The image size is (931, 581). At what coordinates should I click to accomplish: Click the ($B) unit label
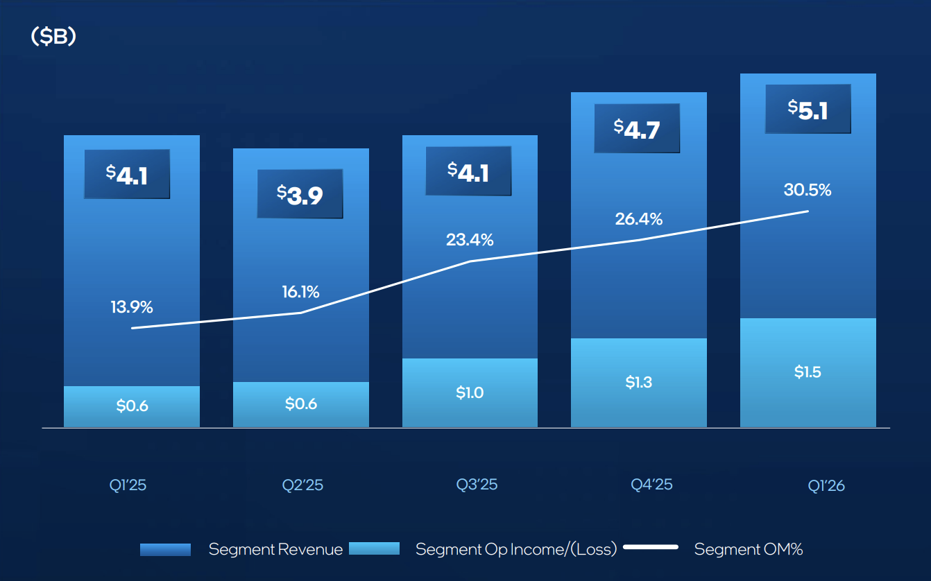pyautogui.click(x=53, y=37)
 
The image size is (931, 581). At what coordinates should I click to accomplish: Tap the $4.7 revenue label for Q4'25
pyautogui.click(x=637, y=128)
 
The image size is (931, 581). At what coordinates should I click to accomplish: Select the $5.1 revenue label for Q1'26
pyautogui.click(x=808, y=109)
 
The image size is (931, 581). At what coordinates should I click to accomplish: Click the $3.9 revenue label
pyautogui.click(x=300, y=194)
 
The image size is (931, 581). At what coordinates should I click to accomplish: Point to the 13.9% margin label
pyautogui.click(x=132, y=306)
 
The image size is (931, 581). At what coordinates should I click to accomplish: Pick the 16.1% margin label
pyautogui.click(x=301, y=292)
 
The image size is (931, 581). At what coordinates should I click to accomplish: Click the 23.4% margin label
pyautogui.click(x=470, y=240)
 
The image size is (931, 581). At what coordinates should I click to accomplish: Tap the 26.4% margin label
pyautogui.click(x=638, y=219)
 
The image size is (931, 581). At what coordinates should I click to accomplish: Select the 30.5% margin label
pyautogui.click(x=808, y=189)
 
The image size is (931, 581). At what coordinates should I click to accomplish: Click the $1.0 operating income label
pyautogui.click(x=470, y=392)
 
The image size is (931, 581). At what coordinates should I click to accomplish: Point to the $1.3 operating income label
pyautogui.click(x=638, y=382)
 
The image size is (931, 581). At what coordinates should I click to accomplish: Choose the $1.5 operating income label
pyautogui.click(x=808, y=372)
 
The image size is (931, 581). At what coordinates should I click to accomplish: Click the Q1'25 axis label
pyautogui.click(x=128, y=485)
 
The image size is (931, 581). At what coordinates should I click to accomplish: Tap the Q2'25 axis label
pyautogui.click(x=302, y=485)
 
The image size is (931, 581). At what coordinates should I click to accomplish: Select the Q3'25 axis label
pyautogui.click(x=477, y=484)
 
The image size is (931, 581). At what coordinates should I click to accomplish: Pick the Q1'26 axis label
pyautogui.click(x=826, y=485)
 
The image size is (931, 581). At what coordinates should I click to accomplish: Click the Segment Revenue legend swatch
pyautogui.click(x=165, y=549)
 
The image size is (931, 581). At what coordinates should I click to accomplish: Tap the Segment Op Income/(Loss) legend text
pyautogui.click(x=515, y=550)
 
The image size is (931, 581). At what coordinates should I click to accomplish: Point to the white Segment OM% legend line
pyautogui.click(x=650, y=548)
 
